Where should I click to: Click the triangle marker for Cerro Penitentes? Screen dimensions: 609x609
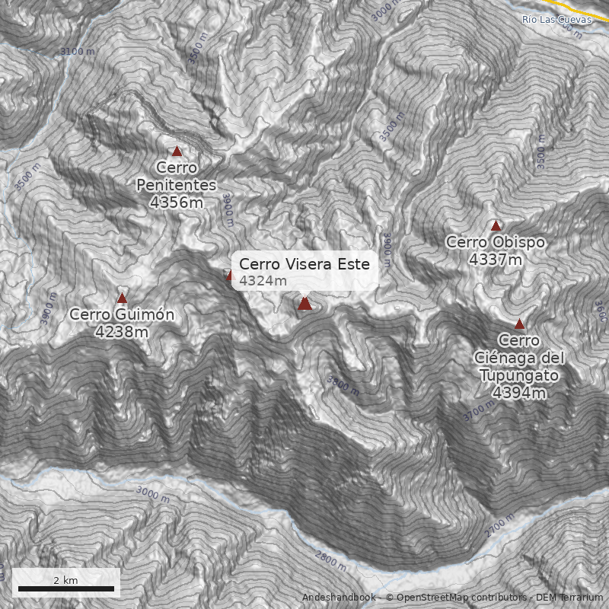[x=177, y=151]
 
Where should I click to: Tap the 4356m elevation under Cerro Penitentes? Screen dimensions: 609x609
[x=177, y=202]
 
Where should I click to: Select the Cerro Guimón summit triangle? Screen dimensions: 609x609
[x=122, y=298]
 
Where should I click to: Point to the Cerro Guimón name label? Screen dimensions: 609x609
[x=122, y=315]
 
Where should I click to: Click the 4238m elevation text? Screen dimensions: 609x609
[x=122, y=332]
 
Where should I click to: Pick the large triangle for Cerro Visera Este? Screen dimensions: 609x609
[x=304, y=304]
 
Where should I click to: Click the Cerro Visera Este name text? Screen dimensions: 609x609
[x=304, y=264]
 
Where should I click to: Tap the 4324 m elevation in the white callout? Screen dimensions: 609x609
[x=263, y=281]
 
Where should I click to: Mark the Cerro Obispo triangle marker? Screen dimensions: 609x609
[x=496, y=225]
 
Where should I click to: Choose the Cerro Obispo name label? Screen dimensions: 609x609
[x=496, y=242]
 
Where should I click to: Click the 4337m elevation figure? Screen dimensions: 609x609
[x=496, y=260]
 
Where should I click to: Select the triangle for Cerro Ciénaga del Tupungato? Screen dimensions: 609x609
[x=519, y=324]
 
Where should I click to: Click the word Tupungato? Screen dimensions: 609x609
[x=519, y=375]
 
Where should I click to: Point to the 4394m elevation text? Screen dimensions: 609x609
[x=519, y=393]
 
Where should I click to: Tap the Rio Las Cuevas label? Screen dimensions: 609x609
[x=556, y=19]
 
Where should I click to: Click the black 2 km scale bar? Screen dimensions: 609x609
[x=65, y=588]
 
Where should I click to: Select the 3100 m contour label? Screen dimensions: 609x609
[x=78, y=52]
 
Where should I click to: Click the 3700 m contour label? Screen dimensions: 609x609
[x=479, y=412]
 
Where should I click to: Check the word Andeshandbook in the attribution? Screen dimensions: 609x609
[x=338, y=598]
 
